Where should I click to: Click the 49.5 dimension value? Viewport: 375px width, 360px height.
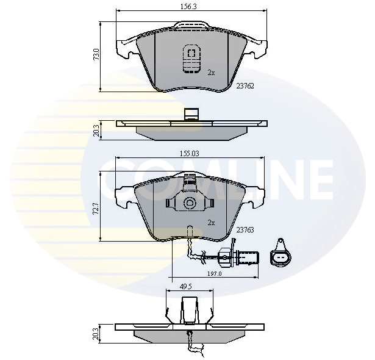(187, 285)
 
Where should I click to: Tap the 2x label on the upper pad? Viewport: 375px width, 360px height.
(211, 72)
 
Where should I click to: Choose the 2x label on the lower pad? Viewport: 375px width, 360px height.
(211, 223)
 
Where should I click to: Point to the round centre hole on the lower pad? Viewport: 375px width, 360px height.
(190, 203)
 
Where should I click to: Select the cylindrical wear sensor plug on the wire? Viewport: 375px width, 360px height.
(240, 257)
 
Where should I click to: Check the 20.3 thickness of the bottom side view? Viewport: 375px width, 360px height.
(96, 333)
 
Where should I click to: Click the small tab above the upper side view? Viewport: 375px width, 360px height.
(190, 113)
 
